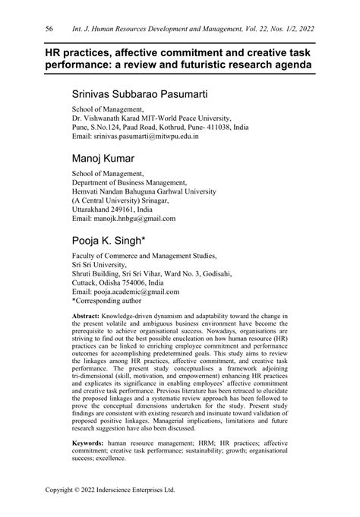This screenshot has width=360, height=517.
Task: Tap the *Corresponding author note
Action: pyautogui.click(x=110, y=301)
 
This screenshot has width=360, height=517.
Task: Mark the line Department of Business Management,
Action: pyautogui.click(x=129, y=182)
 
